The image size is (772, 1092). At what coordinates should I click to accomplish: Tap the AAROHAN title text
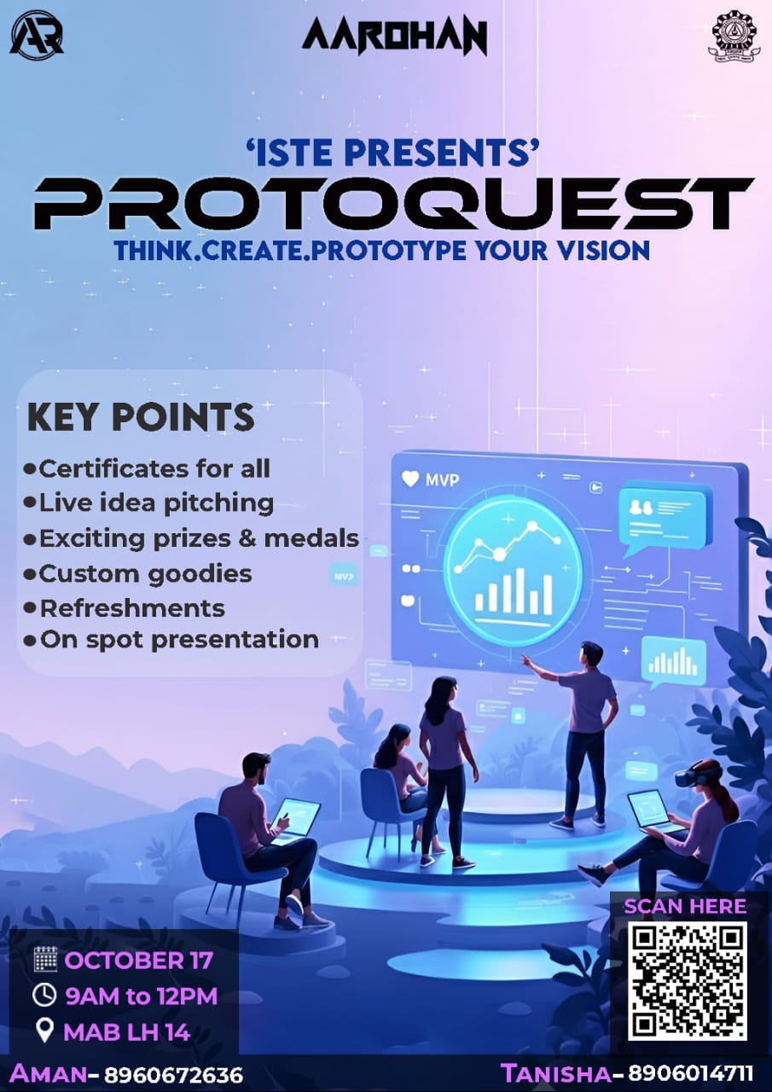[x=394, y=38]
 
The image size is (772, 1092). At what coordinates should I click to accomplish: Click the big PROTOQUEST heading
[x=393, y=204]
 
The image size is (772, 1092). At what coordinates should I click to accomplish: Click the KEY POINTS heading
[x=141, y=417]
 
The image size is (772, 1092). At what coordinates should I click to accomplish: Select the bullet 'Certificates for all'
[x=154, y=468]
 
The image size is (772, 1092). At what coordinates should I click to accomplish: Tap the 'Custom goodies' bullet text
[x=145, y=573]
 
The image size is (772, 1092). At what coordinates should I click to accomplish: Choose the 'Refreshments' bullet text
[x=132, y=608]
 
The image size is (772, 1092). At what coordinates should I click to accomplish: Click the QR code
[x=688, y=980]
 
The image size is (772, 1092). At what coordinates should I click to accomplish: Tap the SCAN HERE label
[x=685, y=906]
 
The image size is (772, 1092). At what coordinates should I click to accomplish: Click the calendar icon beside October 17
[x=44, y=959]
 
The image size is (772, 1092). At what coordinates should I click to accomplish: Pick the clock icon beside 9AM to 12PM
[x=44, y=996]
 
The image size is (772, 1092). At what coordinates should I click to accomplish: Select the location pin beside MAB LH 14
[x=44, y=1032]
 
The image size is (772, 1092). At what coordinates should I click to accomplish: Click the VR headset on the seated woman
[x=687, y=776]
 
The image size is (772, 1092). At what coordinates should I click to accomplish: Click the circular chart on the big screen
[x=513, y=569]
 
